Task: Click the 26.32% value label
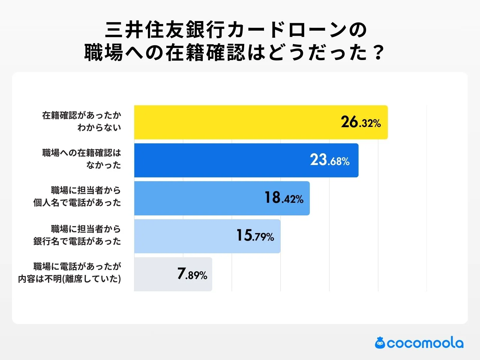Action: pyautogui.click(x=361, y=122)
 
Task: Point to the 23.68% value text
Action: pyautogui.click(x=330, y=160)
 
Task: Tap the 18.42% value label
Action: pyautogui.click(x=283, y=198)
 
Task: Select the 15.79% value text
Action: pyautogui.click(x=255, y=236)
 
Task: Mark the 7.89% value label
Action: pyautogui.click(x=192, y=274)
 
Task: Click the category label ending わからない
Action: pyautogui.click(x=82, y=121)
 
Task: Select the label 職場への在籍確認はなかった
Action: pyautogui.click(x=82, y=159)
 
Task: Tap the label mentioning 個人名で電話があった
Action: pyautogui.click(x=77, y=196)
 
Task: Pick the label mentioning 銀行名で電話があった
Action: pyautogui.click(x=77, y=235)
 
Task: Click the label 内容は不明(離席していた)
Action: pyautogui.click(x=70, y=273)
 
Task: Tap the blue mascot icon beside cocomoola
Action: pyautogui.click(x=380, y=343)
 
